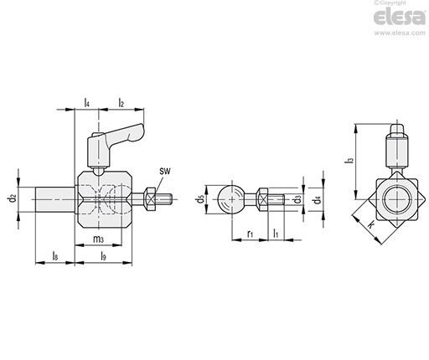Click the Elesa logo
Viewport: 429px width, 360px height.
400,18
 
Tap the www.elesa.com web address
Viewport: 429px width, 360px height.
400,33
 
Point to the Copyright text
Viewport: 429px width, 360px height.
390,3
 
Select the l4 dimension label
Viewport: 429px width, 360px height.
87,103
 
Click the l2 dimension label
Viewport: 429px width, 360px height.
121,103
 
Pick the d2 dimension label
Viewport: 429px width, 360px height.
12,198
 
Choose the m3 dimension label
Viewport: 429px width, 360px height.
99,239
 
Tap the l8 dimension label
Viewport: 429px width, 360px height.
55,255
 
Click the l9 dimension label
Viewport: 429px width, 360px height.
103,255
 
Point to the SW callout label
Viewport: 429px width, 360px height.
165,171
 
